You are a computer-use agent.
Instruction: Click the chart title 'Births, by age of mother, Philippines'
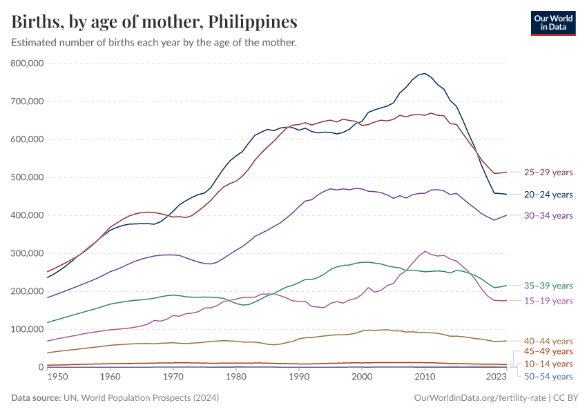[155, 22]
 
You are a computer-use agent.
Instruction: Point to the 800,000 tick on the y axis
[28, 63]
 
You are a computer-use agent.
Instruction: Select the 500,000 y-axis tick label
[28, 177]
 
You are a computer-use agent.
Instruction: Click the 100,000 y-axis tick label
[28, 329]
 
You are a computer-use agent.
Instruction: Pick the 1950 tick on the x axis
[57, 377]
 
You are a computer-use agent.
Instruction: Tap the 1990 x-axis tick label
[298, 377]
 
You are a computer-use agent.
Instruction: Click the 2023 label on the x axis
[496, 377]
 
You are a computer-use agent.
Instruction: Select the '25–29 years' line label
[548, 172]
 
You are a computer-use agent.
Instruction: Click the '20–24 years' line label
[548, 195]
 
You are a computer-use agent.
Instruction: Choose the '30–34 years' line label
[548, 216]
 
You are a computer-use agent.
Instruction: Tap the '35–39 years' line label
[548, 286]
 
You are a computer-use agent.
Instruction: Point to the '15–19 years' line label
[548, 301]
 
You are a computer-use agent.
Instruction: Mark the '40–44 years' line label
[548, 341]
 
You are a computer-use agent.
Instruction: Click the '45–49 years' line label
[548, 352]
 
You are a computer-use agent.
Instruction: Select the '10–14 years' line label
[548, 364]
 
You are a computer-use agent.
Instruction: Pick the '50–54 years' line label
[548, 376]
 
